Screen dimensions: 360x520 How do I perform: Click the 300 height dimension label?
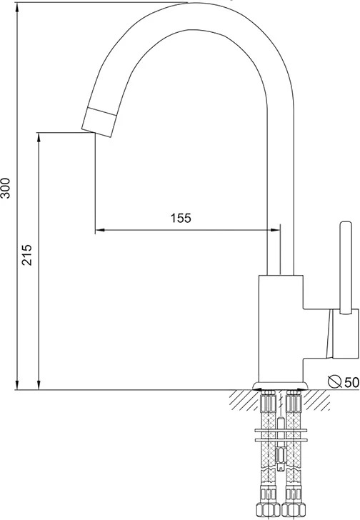(5, 188)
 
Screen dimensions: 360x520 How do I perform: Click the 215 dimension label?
(27, 255)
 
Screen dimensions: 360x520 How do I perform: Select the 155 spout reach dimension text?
(181, 218)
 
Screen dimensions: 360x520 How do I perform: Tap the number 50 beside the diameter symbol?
(351, 382)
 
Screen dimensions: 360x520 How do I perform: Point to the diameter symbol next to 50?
(335, 381)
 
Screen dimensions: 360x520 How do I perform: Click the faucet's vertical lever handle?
(346, 267)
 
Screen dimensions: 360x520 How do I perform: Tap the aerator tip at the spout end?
(99, 122)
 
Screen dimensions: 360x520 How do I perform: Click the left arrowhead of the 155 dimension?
(100, 229)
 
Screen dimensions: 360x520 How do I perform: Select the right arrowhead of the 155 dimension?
(276, 229)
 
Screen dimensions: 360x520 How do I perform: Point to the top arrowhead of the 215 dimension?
(39, 137)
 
